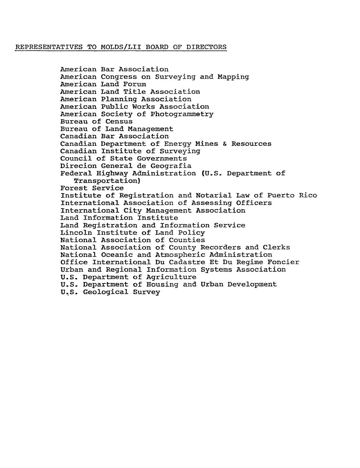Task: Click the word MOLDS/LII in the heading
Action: pyautogui.click(x=121, y=47)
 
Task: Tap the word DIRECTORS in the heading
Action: pyautogui.click(x=206, y=47)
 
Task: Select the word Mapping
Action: pyautogui.click(x=233, y=77)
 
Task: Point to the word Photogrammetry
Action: pyautogui.click(x=182, y=114)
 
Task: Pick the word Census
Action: pyautogui.click(x=119, y=121)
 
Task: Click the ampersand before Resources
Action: pyautogui.click(x=225, y=144)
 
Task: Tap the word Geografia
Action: pyautogui.click(x=171, y=166)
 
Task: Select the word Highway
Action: pyautogui.click(x=112, y=174)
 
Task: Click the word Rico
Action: pyautogui.click(x=308, y=195)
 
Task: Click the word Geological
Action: pyautogui.click(x=105, y=292)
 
